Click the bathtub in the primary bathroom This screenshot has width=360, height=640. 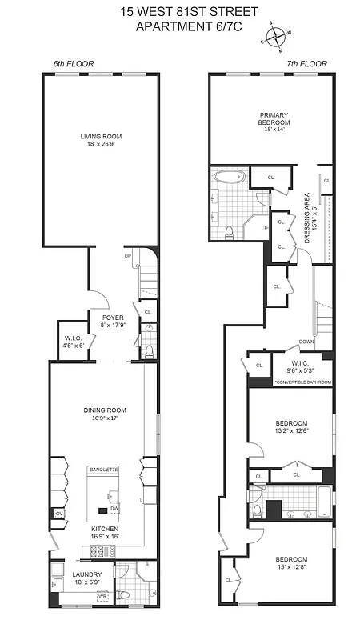(x=230, y=177)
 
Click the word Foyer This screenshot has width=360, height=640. (x=112, y=317)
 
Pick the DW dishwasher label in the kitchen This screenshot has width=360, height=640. (x=115, y=509)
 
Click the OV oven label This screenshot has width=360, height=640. (x=59, y=513)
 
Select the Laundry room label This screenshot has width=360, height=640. (x=86, y=574)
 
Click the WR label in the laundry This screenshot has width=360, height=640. (x=102, y=596)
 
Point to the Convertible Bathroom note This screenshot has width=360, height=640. (x=302, y=382)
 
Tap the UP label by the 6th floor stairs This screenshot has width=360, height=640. (x=127, y=256)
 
